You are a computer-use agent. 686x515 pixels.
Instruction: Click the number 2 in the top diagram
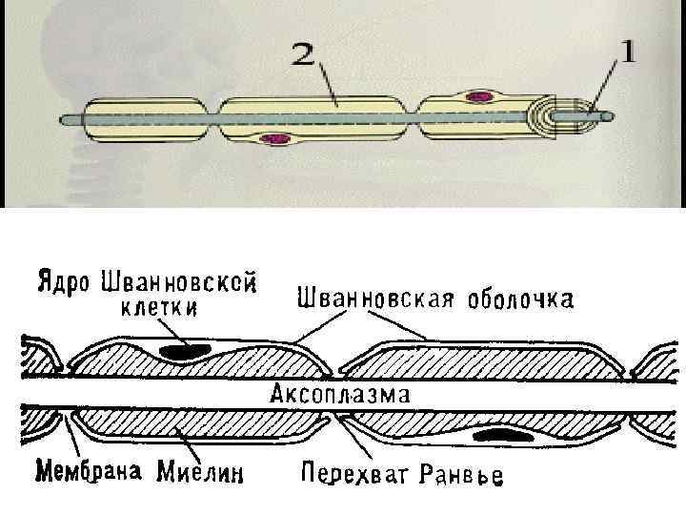(x=303, y=55)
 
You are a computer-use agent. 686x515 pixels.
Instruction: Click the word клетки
(x=160, y=307)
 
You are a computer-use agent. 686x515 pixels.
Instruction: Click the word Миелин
(x=201, y=469)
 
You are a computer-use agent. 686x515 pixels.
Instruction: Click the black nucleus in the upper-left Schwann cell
(x=185, y=352)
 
